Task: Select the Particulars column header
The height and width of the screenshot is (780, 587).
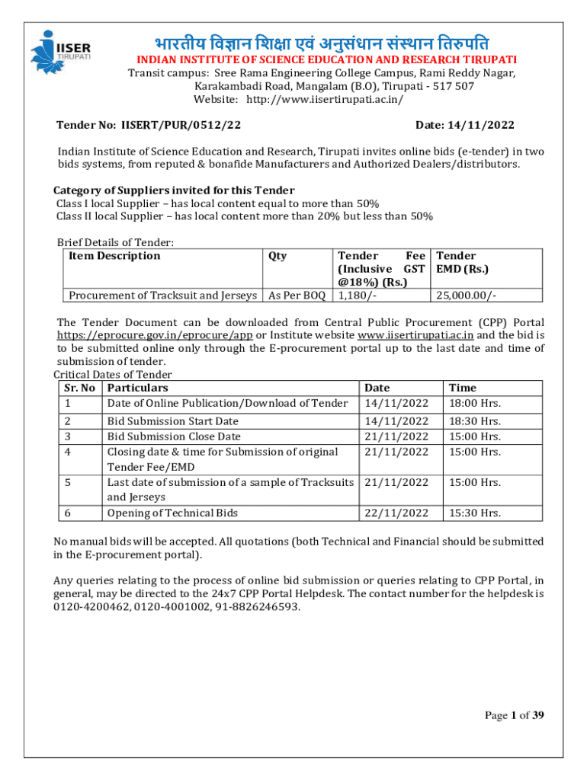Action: (137, 388)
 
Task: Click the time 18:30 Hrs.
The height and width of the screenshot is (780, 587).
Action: (475, 421)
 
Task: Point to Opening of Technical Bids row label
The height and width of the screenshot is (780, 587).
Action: (172, 513)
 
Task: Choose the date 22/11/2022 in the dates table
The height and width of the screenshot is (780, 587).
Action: (396, 513)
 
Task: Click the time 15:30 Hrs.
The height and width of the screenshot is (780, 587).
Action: (475, 513)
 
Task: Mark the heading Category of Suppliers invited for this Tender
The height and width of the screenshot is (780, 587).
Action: (174, 190)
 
